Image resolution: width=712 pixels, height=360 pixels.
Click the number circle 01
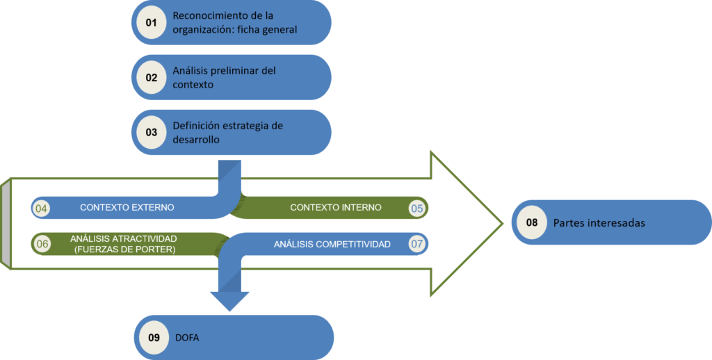coord(152,23)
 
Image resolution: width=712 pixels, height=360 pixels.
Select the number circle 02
coord(152,77)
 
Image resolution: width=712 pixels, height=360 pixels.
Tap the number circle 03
coord(152,131)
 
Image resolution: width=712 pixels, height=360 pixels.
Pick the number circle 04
coord(42,208)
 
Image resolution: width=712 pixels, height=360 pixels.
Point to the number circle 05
coord(417,208)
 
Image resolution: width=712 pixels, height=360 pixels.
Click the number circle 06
coord(42,244)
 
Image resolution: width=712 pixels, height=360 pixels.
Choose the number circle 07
coord(417,244)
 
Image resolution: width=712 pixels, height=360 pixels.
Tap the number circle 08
coord(532,223)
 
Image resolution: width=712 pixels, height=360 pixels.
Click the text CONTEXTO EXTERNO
coord(127,208)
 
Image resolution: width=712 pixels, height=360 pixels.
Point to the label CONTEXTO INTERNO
coord(336,208)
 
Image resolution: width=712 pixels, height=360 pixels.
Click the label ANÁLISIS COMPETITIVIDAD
coord(332,244)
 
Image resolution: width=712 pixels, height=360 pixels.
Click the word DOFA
coord(185,338)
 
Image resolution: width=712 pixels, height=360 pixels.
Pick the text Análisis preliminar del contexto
coord(225,77)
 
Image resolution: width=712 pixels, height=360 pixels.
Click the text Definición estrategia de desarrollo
coord(228,131)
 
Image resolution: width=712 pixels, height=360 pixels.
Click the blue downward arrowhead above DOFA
coord(229,300)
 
